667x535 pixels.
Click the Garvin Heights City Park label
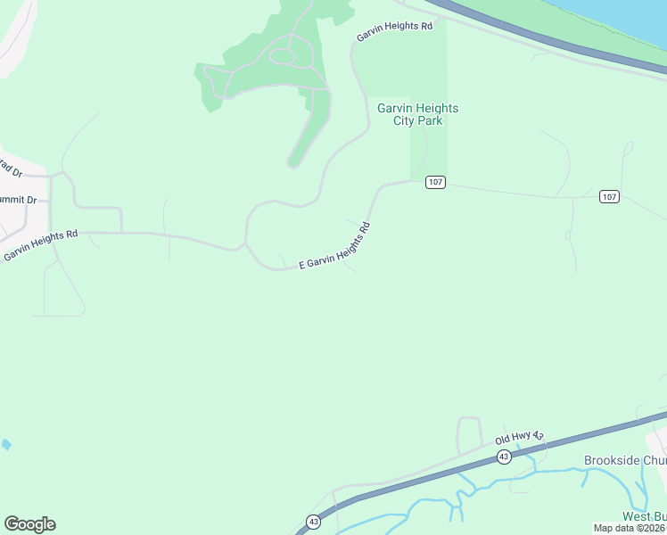pyautogui.click(x=417, y=114)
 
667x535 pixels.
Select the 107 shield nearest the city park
pyautogui.click(x=434, y=182)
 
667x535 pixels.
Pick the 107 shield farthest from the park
pyautogui.click(x=609, y=196)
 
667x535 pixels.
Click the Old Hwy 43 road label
pyautogui.click(x=519, y=437)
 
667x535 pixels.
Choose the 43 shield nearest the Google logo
pyautogui.click(x=313, y=521)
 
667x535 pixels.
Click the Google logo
pyautogui.click(x=29, y=524)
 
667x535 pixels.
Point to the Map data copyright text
pyautogui.click(x=630, y=528)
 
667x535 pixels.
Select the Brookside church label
pyautogui.click(x=624, y=460)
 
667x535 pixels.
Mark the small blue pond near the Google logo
pyautogui.click(x=7, y=444)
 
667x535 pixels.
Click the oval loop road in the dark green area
pyautogui.click(x=283, y=56)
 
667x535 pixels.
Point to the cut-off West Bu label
pyautogui.click(x=643, y=516)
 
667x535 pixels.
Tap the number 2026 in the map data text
pyautogui.click(x=654, y=528)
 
